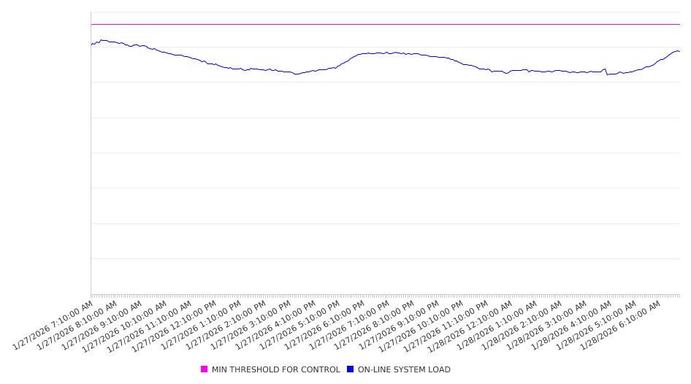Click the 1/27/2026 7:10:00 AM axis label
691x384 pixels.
coord(53,325)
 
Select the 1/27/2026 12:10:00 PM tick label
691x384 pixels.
coord(176,326)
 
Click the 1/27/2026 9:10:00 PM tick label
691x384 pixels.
coord(399,325)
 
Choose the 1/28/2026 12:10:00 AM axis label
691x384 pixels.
coord(472,326)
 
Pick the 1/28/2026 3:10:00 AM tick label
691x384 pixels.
coord(547,325)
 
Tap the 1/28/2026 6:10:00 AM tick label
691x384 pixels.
coord(621,325)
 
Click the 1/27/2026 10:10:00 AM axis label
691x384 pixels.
coord(126,326)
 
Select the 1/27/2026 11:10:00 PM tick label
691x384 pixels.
coord(447,326)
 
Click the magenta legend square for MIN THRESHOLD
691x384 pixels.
coord(205,369)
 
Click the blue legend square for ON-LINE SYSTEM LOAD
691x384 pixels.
coord(351,369)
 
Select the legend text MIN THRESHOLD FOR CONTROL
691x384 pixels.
coord(275,369)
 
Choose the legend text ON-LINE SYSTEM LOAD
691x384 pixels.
coord(404,369)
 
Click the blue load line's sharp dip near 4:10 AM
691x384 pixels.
coord(607,74)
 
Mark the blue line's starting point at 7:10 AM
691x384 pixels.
coord(91,45)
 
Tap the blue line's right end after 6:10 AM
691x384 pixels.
coord(679,51)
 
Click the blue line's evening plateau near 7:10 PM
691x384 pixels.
coord(385,53)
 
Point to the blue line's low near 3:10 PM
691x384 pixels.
coord(296,74)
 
